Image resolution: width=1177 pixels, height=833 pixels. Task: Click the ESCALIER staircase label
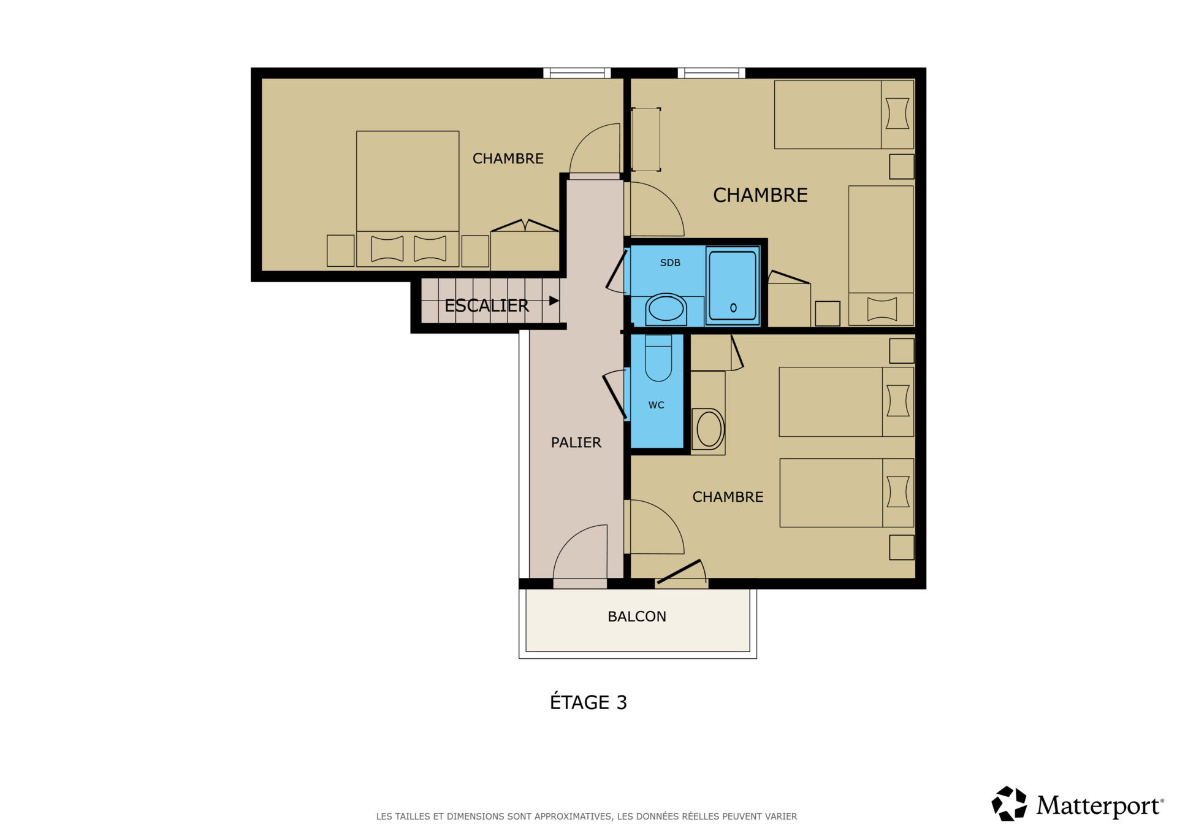[x=486, y=305]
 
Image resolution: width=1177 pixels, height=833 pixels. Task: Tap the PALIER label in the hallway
[x=576, y=442]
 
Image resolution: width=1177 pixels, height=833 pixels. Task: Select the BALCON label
[x=636, y=616]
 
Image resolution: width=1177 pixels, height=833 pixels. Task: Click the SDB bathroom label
[x=670, y=263]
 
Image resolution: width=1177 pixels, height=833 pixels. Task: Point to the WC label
[x=656, y=405]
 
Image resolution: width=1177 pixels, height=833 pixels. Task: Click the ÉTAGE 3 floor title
[x=588, y=702]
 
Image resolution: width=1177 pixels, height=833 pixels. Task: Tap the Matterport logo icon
[x=1008, y=803]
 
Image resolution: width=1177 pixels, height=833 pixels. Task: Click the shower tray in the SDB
[x=733, y=286]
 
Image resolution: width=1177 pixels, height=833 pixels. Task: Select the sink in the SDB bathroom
[x=666, y=309]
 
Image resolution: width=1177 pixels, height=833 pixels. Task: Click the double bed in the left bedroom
[x=408, y=199]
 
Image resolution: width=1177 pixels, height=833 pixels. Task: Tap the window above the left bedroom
[x=577, y=73]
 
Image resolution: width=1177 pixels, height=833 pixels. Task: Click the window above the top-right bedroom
[x=711, y=73]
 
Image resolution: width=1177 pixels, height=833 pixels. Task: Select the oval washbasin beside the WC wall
[x=709, y=429]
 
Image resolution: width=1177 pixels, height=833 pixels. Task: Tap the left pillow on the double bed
[x=387, y=249]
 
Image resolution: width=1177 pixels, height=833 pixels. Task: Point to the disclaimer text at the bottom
[x=586, y=816]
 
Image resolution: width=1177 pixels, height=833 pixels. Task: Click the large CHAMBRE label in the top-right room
[x=760, y=195]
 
